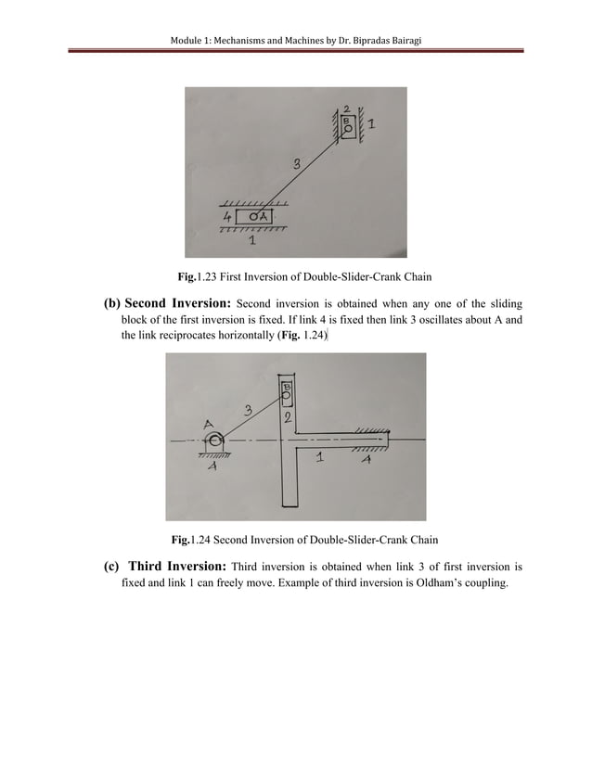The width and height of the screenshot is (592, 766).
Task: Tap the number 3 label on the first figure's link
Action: [x=296, y=164]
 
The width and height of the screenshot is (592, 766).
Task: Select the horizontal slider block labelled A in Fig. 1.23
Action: [x=263, y=217]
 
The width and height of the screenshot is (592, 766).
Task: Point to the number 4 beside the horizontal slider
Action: [x=226, y=217]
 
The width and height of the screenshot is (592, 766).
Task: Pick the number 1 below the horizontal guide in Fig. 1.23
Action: [x=253, y=243]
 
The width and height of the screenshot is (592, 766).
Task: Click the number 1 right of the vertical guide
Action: [x=371, y=121]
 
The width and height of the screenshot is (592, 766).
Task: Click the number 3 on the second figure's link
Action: [x=248, y=409]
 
